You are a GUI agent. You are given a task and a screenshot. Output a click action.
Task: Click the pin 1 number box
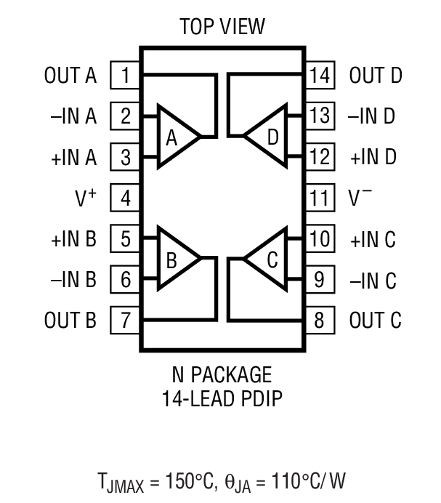pyautogui.click(x=126, y=76)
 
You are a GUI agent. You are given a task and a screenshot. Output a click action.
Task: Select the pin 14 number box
pyautogui.click(x=319, y=76)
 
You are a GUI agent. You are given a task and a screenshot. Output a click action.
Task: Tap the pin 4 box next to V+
pyautogui.click(x=126, y=198)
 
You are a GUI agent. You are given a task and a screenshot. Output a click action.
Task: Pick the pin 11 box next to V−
pyautogui.click(x=319, y=198)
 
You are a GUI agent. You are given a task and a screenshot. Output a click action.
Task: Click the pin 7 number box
pyautogui.click(x=126, y=320)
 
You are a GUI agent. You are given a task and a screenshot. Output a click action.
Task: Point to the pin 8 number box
pyautogui.click(x=319, y=320)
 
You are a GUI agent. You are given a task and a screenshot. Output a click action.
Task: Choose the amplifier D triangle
pyautogui.click(x=268, y=137)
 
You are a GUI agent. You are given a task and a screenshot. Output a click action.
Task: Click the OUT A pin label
pyautogui.click(x=70, y=76)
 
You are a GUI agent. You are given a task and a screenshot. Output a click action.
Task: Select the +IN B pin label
pyautogui.click(x=73, y=238)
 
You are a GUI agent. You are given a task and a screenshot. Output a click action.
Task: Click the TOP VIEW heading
pyautogui.click(x=222, y=28)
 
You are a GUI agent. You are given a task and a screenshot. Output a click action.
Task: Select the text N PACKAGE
pyautogui.click(x=222, y=375)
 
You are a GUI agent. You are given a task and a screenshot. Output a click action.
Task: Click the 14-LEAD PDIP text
pyautogui.click(x=222, y=398)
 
